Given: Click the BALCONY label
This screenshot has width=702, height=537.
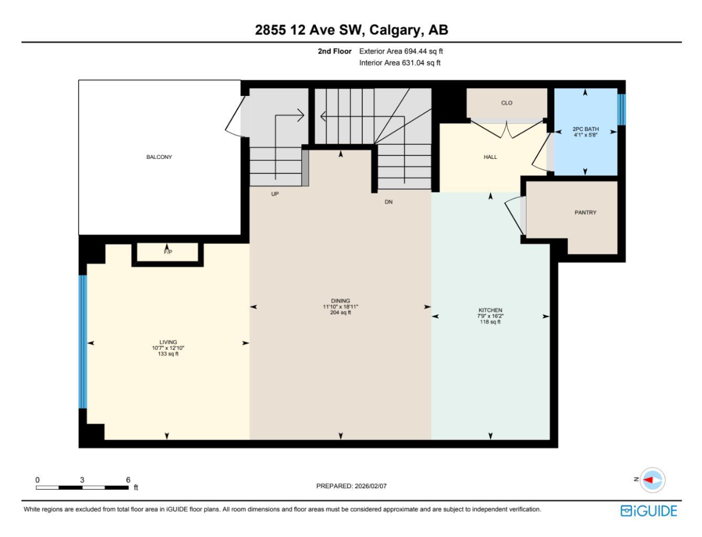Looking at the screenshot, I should (x=159, y=157).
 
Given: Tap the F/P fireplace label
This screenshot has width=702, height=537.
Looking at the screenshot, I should (x=168, y=252).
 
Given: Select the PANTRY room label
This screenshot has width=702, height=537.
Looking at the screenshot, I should (x=585, y=212).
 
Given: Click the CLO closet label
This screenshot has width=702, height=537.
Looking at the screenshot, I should (x=507, y=103).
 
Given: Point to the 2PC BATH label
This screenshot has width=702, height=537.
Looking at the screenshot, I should (x=585, y=129).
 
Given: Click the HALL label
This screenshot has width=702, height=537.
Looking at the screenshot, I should (x=490, y=157).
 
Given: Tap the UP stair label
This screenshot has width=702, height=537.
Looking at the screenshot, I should (x=275, y=194).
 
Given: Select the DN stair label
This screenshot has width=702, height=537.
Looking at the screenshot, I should (x=389, y=202).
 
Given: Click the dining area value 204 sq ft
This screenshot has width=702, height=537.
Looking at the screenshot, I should (x=340, y=313).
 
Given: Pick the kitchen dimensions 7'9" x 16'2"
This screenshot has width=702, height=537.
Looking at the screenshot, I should (x=490, y=316).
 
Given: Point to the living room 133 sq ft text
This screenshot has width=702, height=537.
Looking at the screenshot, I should (x=168, y=354).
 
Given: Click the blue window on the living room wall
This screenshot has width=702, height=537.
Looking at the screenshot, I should (x=82, y=342).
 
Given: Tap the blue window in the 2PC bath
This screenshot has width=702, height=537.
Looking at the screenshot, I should (x=622, y=110).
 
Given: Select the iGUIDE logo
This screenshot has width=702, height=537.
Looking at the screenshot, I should (x=649, y=511).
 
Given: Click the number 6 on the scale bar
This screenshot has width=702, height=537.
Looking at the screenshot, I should (x=128, y=480).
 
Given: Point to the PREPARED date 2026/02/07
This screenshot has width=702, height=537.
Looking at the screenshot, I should (x=371, y=486).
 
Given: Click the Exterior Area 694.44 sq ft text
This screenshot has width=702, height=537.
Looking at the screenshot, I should (x=401, y=51).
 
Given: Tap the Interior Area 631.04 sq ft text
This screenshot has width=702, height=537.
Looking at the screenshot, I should (x=400, y=63).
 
